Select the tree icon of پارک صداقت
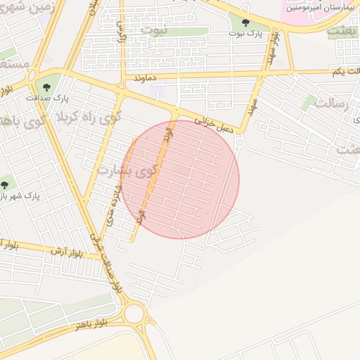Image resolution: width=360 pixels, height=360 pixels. [x=46, y=87]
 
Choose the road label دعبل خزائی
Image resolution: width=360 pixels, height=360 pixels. [x=207, y=121]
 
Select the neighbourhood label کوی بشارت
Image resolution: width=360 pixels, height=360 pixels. [x=127, y=171]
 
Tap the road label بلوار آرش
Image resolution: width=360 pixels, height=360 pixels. [x=67, y=250]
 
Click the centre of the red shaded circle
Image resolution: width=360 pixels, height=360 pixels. [x=180, y=179]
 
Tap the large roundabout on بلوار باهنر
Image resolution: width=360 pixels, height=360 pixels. [x=135, y=314]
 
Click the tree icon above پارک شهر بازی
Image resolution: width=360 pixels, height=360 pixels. [x=5, y=185]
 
